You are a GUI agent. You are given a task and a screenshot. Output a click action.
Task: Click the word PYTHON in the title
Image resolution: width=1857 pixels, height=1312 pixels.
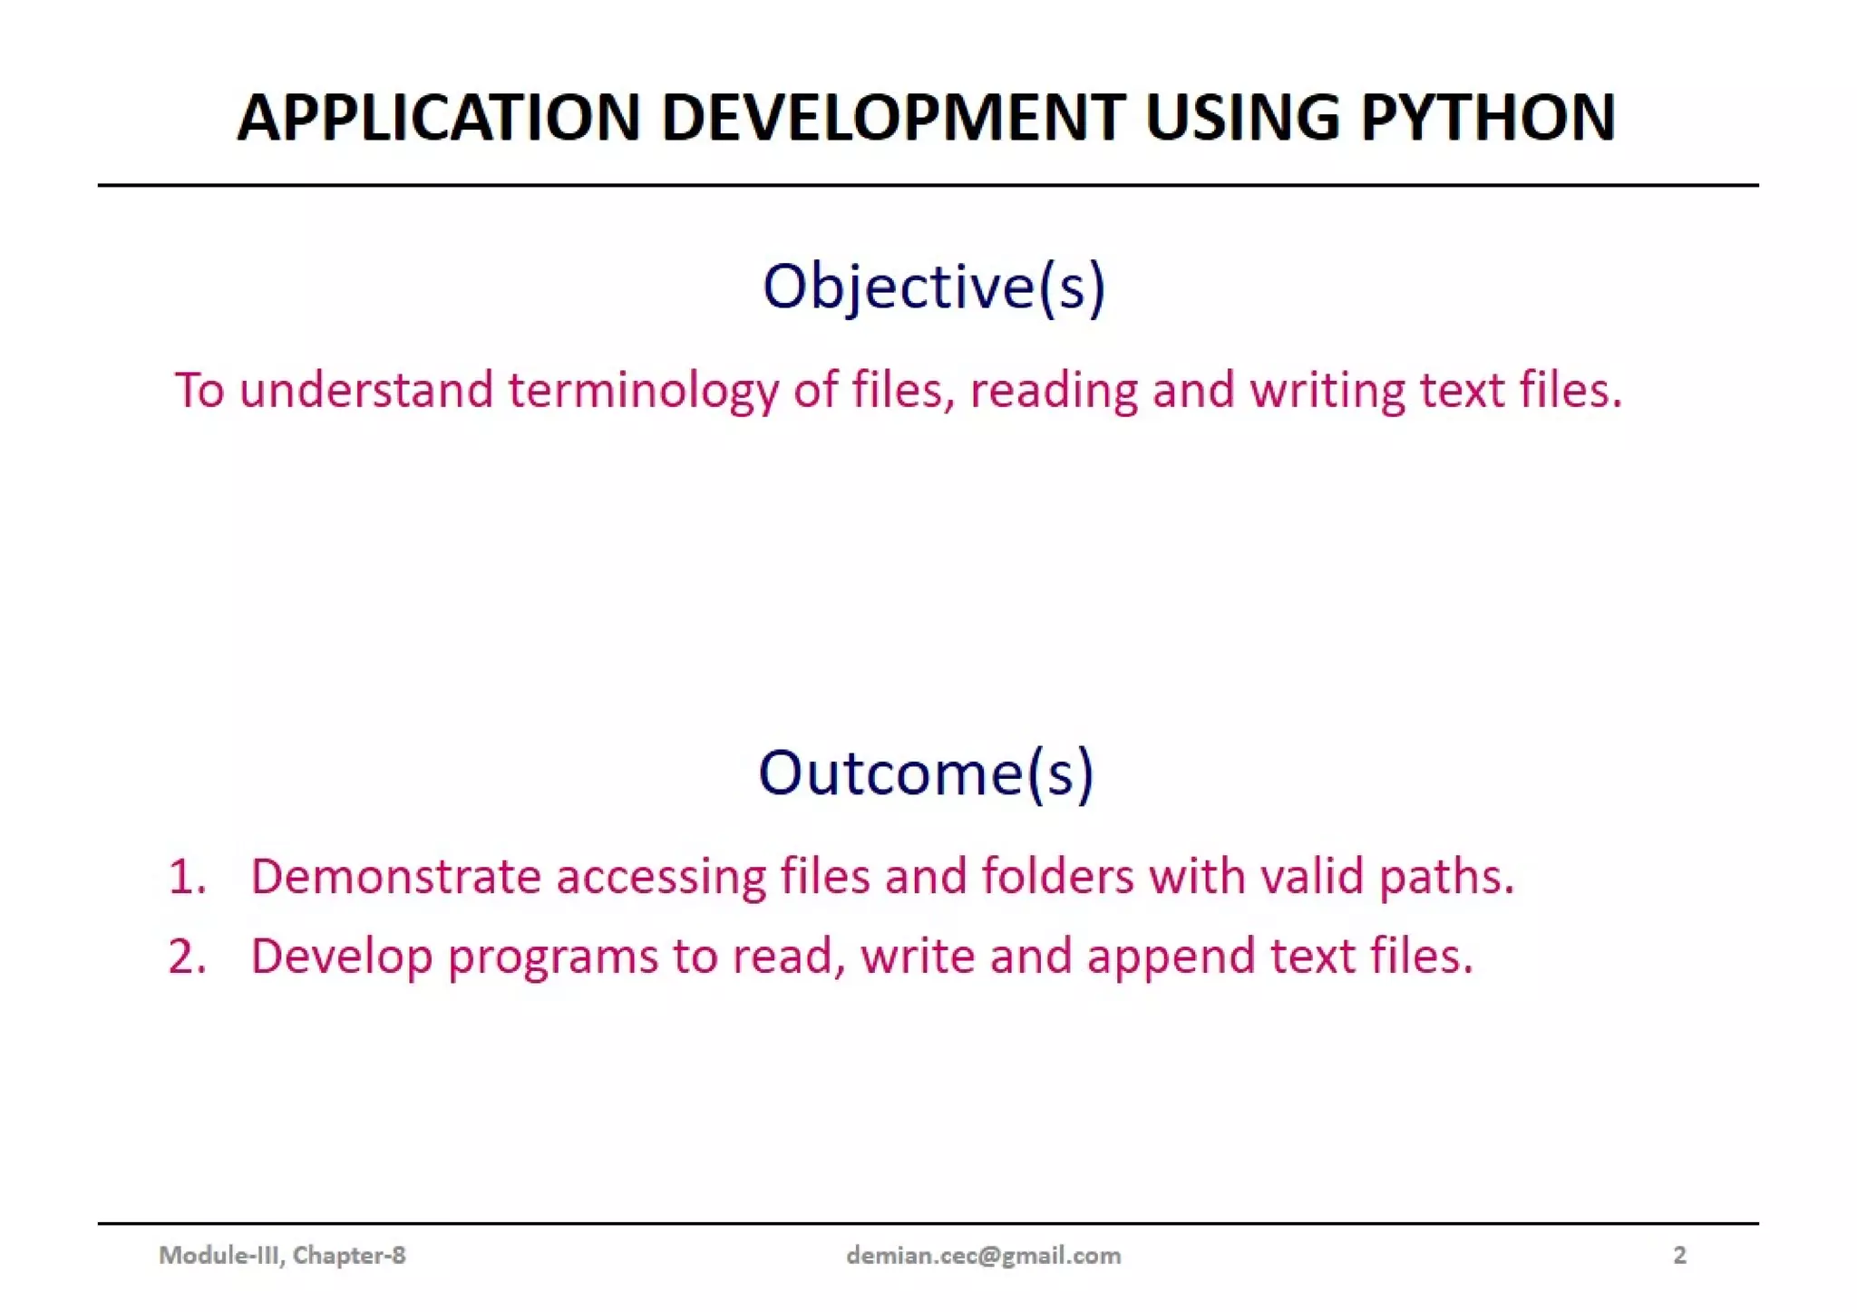tap(1488, 118)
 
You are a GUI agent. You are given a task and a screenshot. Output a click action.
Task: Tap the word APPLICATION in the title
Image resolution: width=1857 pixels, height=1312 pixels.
tap(439, 118)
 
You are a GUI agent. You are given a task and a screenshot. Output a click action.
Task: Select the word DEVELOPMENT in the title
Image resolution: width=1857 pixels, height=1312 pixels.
tap(893, 118)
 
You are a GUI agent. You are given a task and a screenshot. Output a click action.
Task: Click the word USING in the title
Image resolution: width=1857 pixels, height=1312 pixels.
tap(1241, 118)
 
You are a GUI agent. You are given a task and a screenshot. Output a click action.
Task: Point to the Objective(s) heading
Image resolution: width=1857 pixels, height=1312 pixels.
tap(934, 287)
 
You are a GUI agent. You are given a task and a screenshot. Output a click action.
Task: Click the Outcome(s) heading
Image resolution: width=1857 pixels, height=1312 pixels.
tap(926, 773)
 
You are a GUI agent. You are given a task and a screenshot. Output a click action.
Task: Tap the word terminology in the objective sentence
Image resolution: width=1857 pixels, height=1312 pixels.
tap(642, 392)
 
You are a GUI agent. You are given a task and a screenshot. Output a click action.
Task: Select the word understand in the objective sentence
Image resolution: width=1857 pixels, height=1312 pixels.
tap(366, 390)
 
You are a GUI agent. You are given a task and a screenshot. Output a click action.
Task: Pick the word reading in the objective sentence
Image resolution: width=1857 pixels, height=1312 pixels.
tap(1054, 392)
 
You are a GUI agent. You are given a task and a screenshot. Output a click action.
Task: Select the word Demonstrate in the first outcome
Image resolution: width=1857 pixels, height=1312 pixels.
tap(395, 877)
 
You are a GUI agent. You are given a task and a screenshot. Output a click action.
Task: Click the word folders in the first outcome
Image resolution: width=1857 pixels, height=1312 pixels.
tap(1057, 877)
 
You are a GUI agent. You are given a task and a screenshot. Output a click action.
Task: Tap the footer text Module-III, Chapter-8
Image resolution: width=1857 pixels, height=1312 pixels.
tap(282, 1255)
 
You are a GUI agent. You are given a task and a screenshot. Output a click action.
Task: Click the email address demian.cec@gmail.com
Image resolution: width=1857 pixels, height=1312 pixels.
tap(983, 1255)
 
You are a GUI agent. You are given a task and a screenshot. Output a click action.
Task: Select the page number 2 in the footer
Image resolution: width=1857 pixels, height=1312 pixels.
tap(1679, 1255)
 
